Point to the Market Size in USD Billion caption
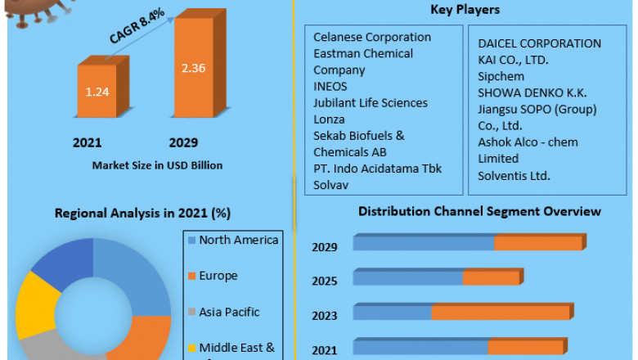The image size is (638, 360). point(157,165)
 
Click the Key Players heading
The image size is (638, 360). point(465,10)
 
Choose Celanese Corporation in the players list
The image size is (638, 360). point(372,37)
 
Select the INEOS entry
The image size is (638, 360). point(330,86)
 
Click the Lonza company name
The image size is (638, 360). point(329,119)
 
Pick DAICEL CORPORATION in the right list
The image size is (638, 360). point(540,43)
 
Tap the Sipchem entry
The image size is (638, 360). point(501,76)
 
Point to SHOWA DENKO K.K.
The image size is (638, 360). point(532,92)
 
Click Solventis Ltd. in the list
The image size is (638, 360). point(514,175)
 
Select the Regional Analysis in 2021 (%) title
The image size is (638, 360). point(143,213)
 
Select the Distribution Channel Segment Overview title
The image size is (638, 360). point(479,211)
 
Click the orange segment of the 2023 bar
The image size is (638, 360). point(501,313)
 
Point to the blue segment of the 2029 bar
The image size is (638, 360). point(423,243)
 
